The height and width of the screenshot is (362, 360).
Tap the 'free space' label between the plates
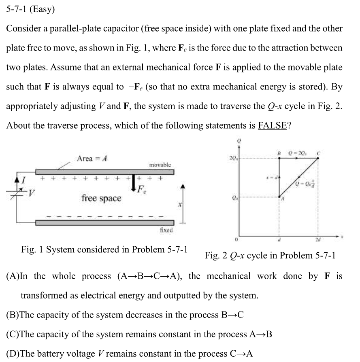(101, 198)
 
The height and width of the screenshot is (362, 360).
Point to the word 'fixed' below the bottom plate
(166, 230)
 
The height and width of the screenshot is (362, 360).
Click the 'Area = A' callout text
(93, 158)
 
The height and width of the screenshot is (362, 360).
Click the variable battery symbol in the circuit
(16, 193)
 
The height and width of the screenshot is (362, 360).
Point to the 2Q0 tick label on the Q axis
(232, 158)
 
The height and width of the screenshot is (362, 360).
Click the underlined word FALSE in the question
(272, 125)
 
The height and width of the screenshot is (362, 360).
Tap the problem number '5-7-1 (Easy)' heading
(30, 10)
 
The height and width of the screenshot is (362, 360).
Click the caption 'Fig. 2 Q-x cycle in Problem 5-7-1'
(270, 256)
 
